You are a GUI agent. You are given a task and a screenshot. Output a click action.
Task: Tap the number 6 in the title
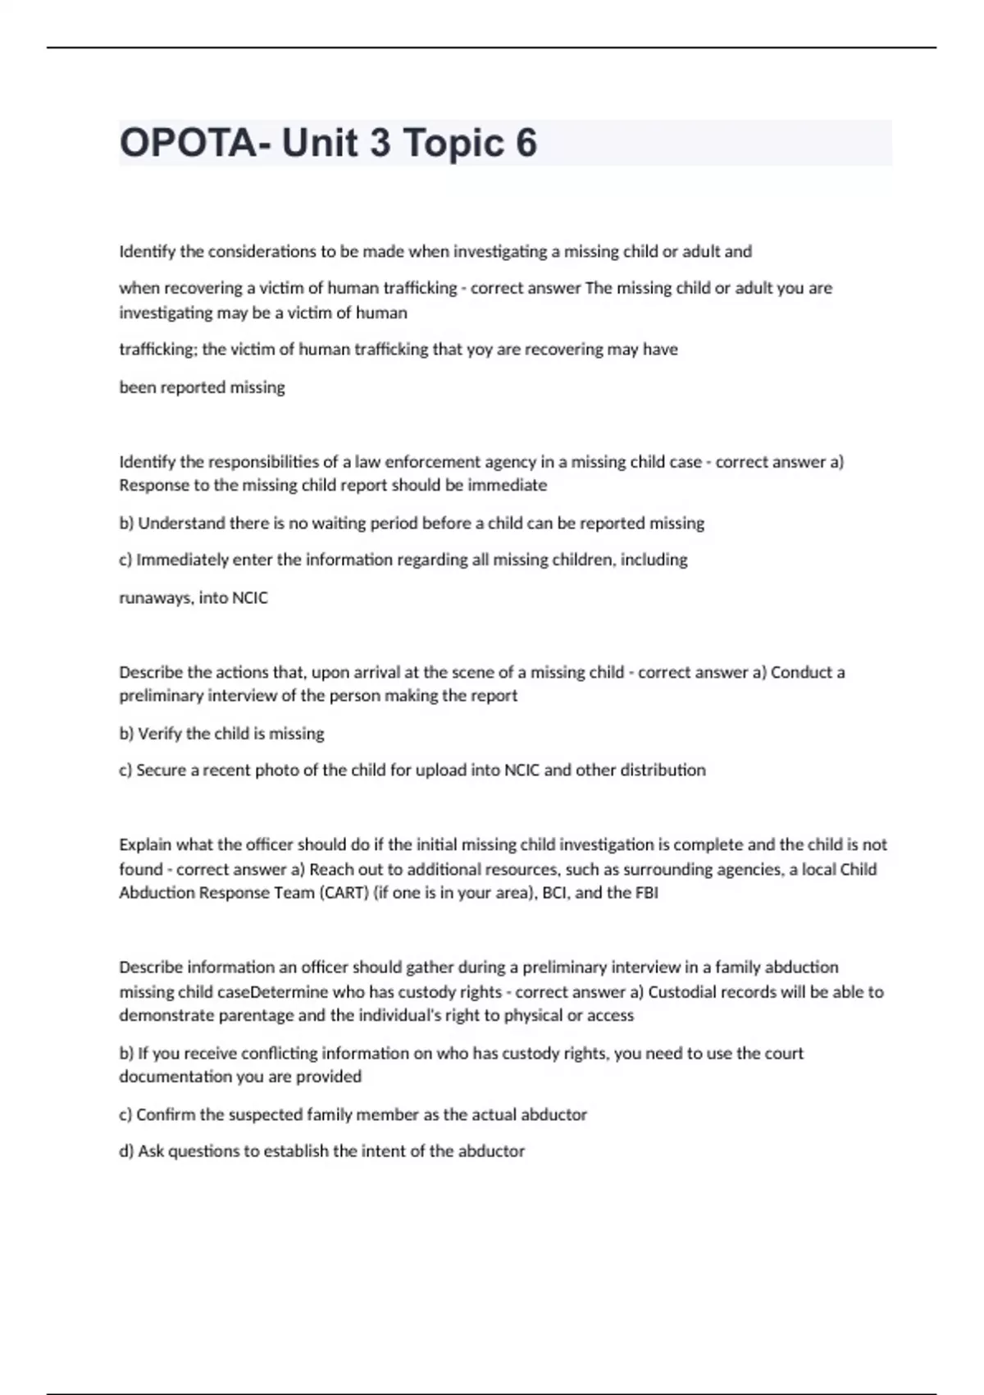(526, 143)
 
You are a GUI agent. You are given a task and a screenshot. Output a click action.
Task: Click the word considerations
(262, 252)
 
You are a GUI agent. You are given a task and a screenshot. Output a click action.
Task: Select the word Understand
(177, 524)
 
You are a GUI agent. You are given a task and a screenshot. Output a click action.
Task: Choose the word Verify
(160, 734)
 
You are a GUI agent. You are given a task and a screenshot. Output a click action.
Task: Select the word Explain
(145, 844)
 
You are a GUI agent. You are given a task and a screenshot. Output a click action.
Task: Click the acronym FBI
(646, 893)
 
